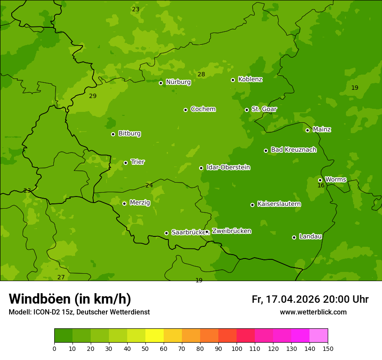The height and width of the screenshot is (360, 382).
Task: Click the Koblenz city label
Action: (250, 79)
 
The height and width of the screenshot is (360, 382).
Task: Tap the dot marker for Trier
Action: (126, 163)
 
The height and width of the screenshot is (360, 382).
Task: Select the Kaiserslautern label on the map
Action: (279, 204)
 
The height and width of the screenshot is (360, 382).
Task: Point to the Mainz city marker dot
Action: (307, 130)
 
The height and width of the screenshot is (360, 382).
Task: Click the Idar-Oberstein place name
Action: (228, 167)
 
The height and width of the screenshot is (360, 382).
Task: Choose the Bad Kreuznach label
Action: (293, 150)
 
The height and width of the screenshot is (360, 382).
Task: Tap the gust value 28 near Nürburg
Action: (201, 74)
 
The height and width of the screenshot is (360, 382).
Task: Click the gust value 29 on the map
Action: (93, 96)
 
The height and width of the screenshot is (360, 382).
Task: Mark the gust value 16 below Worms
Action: (321, 185)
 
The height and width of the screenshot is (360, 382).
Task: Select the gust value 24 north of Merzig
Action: (149, 185)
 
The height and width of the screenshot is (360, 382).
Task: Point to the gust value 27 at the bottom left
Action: (61, 277)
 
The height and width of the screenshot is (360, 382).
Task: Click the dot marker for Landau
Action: (294, 237)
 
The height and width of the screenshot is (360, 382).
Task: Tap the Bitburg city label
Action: (129, 134)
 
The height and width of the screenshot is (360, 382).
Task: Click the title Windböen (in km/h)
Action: (70, 299)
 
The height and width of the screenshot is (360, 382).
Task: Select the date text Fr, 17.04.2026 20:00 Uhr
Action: (310, 299)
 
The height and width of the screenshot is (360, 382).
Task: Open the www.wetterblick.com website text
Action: (313, 312)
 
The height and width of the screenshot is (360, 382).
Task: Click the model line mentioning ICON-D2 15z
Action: (79, 312)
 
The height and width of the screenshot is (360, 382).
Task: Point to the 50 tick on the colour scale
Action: (145, 348)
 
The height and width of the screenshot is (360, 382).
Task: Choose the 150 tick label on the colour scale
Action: (328, 348)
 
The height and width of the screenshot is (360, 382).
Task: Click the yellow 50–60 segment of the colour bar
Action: (155, 336)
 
